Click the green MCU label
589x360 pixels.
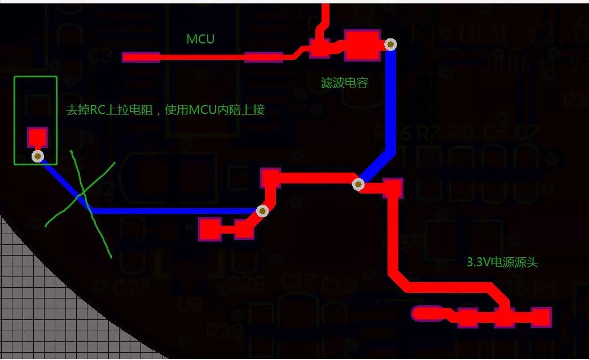[200, 39]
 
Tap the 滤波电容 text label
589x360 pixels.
[344, 83]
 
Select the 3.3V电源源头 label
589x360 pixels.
[502, 262]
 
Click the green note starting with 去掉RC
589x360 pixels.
[165, 110]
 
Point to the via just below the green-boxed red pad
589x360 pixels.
[38, 156]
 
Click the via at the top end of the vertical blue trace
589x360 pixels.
[390, 45]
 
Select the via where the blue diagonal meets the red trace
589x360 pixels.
[358, 183]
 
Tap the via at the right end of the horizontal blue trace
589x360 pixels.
[262, 211]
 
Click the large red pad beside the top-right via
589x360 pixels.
[362, 45]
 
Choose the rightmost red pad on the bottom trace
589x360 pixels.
[540, 318]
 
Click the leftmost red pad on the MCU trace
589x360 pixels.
[141, 57]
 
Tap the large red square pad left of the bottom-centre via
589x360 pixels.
[210, 229]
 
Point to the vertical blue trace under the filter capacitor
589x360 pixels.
[390, 102]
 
